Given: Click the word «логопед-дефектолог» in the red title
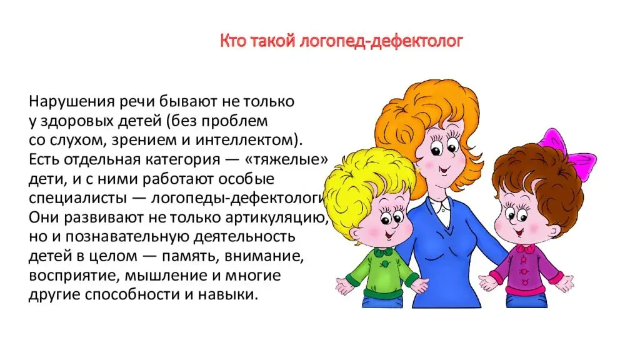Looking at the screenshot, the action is (x=381, y=41).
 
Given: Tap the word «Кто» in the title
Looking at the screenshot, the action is (x=233, y=41).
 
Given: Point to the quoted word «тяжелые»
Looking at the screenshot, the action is (x=286, y=159).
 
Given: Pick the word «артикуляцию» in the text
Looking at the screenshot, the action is (x=277, y=218).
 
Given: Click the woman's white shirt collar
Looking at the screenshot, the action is (x=440, y=208).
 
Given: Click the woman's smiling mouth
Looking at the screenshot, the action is (x=444, y=169).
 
